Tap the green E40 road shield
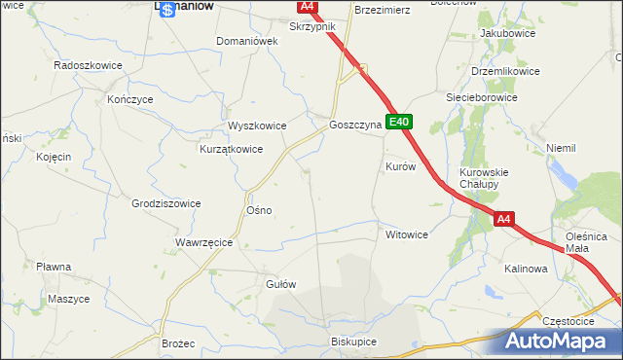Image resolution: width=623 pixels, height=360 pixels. click(x=399, y=123)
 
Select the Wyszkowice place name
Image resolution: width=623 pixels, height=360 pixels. click(x=257, y=126)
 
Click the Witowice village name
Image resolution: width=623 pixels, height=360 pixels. click(x=407, y=234)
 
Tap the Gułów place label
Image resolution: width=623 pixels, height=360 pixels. click(x=280, y=284)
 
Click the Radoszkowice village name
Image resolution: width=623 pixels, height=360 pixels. click(x=87, y=65)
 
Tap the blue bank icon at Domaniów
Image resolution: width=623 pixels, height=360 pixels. click(x=168, y=8)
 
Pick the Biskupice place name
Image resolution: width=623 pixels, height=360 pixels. click(x=353, y=342)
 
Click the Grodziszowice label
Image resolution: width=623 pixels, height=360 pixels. click(x=165, y=203)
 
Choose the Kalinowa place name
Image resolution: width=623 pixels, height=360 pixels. click(x=526, y=268)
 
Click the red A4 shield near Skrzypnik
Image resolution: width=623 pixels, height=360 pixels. click(x=307, y=7)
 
